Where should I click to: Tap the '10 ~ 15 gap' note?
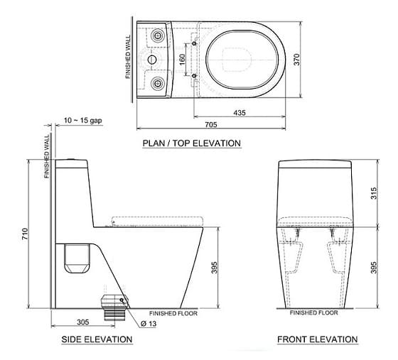tap(83, 121)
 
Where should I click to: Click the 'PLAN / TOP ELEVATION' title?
tap(192, 143)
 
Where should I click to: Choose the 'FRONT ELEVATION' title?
tap(318, 339)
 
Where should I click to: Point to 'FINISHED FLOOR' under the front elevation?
tap(315, 313)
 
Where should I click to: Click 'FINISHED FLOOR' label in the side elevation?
tap(173, 313)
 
